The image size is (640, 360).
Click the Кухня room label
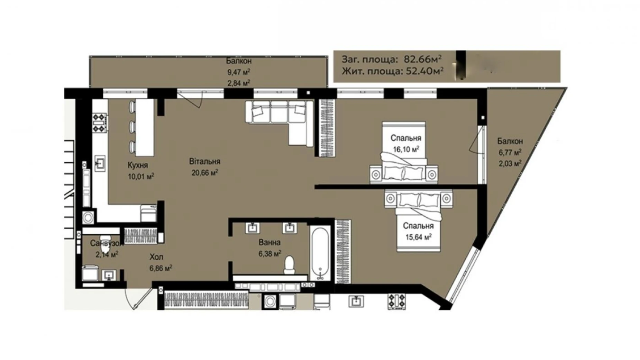click(138, 165)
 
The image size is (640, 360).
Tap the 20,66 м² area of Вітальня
click(204, 172)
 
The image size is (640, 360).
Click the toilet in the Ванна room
click(289, 265)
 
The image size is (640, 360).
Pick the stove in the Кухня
click(99, 123)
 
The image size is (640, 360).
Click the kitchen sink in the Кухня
click(100, 163)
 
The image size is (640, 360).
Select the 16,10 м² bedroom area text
click(406, 149)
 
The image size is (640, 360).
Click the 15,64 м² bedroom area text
click(418, 237)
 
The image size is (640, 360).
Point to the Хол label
click(156, 257)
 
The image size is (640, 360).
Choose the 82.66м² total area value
click(423, 59)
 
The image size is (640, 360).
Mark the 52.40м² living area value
click(423, 71)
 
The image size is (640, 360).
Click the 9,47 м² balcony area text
click(239, 72)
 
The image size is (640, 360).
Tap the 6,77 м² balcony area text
click(510, 152)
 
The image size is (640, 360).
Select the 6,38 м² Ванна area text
click(269, 254)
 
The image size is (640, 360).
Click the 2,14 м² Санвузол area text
click(107, 254)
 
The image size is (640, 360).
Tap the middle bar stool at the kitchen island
click(132, 127)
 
